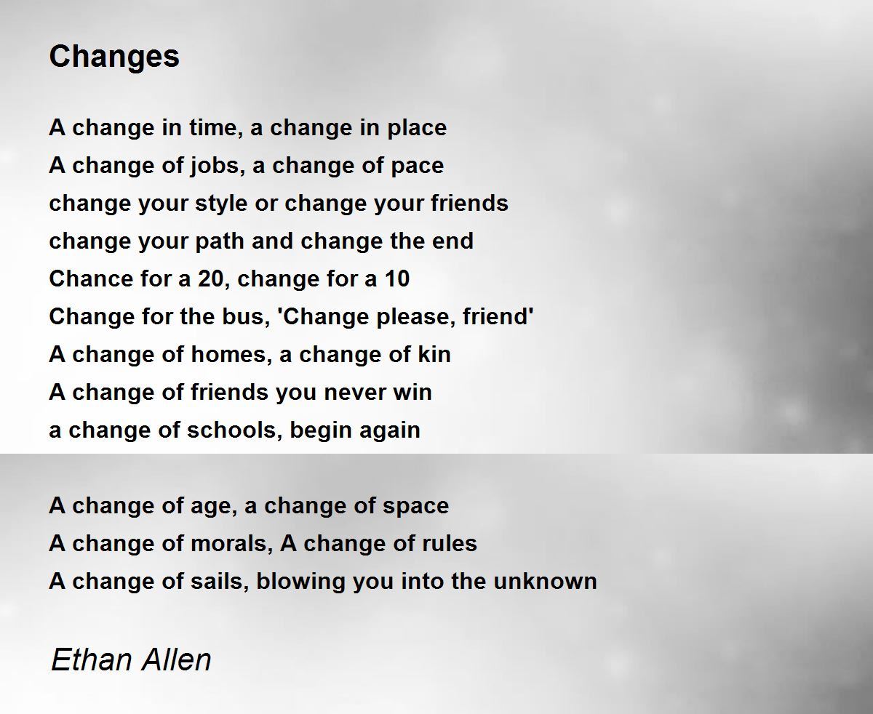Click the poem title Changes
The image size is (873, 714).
[114, 57]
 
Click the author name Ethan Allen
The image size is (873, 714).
[131, 659]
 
